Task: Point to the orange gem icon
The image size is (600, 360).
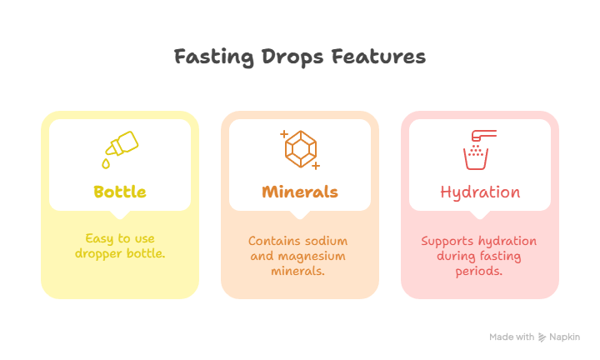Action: point(300,149)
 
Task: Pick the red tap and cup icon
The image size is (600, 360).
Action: point(479,148)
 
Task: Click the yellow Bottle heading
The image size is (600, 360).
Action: point(120,192)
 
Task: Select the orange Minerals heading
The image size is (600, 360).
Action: point(300,192)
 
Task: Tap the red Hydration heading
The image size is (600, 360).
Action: point(480,192)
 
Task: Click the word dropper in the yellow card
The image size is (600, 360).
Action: point(98,253)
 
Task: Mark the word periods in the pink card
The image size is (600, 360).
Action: point(479,271)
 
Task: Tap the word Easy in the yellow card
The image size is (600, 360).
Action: point(98,238)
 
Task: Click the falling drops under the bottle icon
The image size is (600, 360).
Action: point(107,160)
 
